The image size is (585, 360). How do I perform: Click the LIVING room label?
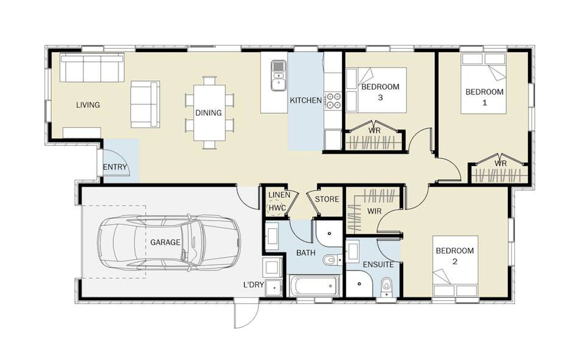click(88, 105)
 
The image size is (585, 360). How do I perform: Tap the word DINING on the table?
click(208, 113)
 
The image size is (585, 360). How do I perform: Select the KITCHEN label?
click(306, 100)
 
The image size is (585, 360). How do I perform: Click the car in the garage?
click(169, 243)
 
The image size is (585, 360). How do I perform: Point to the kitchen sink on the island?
click(279, 75)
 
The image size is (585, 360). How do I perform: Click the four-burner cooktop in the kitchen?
click(333, 100)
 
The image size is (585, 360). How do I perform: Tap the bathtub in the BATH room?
click(315, 286)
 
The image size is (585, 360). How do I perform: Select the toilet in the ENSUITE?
click(386, 286)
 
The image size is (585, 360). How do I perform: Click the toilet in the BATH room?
click(332, 260)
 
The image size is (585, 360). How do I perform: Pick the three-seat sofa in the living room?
click(92, 68)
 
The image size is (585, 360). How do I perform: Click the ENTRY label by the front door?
click(115, 167)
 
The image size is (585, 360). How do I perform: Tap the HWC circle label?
click(277, 208)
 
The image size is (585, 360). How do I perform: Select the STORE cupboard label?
click(327, 200)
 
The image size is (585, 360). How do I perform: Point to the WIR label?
click(374, 211)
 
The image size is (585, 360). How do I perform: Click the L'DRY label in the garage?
click(253, 285)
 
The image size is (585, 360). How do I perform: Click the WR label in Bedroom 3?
click(374, 130)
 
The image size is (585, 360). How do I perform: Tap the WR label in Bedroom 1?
click(500, 164)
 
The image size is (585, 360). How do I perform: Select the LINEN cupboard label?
click(279, 195)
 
